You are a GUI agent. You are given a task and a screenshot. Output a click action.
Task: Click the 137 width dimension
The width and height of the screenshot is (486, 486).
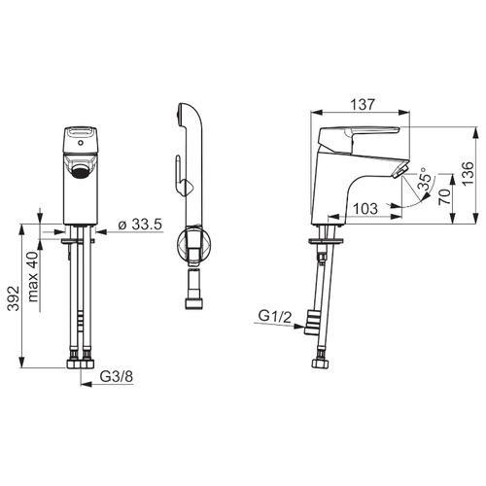point(363,104)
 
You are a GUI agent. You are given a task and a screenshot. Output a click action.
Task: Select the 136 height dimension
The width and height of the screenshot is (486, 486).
point(468,174)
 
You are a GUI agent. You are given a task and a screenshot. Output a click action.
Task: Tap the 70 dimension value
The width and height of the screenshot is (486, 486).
point(444,196)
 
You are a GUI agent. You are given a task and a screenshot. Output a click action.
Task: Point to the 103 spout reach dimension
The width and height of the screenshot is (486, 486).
point(365,209)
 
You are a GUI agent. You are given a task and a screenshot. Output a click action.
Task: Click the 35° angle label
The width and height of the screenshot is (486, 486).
point(426,179)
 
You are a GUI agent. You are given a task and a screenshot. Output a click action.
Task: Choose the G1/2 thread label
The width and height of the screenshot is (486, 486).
point(275,316)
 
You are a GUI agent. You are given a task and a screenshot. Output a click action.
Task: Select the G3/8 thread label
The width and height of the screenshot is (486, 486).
point(117,376)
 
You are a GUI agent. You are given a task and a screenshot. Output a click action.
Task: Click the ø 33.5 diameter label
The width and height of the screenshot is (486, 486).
point(140,225)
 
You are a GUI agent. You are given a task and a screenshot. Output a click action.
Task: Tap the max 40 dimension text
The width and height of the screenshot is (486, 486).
point(33,277)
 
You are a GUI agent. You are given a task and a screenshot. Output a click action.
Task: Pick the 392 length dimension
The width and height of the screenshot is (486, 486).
point(14,298)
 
